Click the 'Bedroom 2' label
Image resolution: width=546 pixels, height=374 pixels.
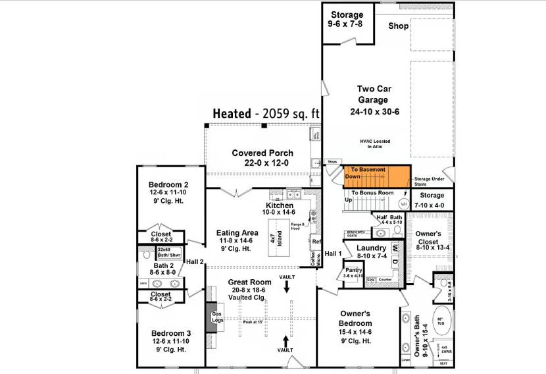(168, 184)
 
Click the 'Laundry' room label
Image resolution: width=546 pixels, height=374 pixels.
(370, 248)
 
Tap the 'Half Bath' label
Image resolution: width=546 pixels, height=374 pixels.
(389, 217)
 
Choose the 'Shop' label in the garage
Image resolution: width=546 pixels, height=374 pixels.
(398, 26)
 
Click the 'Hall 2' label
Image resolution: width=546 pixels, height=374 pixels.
(195, 261)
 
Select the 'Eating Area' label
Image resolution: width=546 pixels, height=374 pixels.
(237, 233)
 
